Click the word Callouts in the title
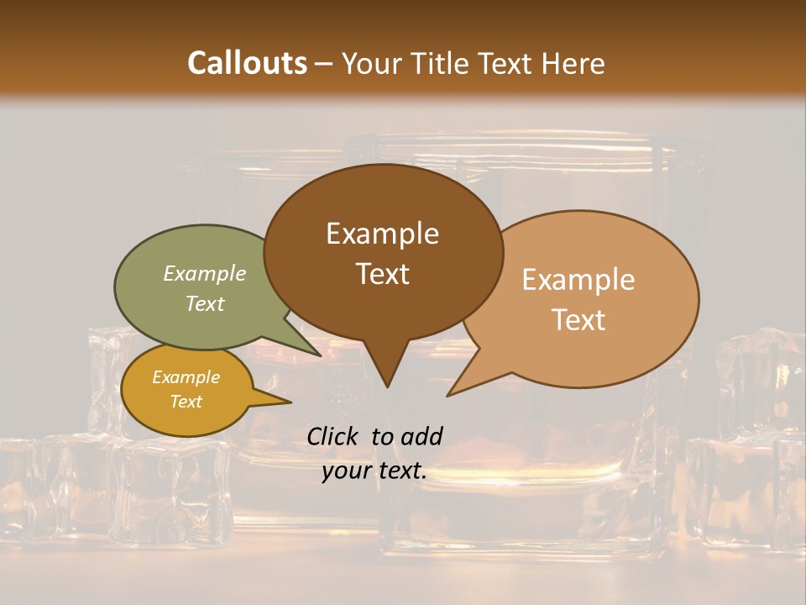pyautogui.click(x=247, y=63)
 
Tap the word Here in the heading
pyautogui.click(x=574, y=63)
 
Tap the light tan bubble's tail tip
pyautogui.click(x=450, y=393)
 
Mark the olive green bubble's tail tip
pyautogui.click(x=319, y=355)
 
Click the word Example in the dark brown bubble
pyautogui.click(x=382, y=234)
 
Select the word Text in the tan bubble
pyautogui.click(x=578, y=320)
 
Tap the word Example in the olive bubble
pyautogui.click(x=205, y=273)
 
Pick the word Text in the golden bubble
pyautogui.click(x=186, y=402)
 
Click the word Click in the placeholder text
pyautogui.click(x=333, y=436)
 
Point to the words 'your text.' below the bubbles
pyautogui.click(x=374, y=471)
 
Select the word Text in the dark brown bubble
pyautogui.click(x=383, y=274)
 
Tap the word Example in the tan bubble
pyautogui.click(x=578, y=280)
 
